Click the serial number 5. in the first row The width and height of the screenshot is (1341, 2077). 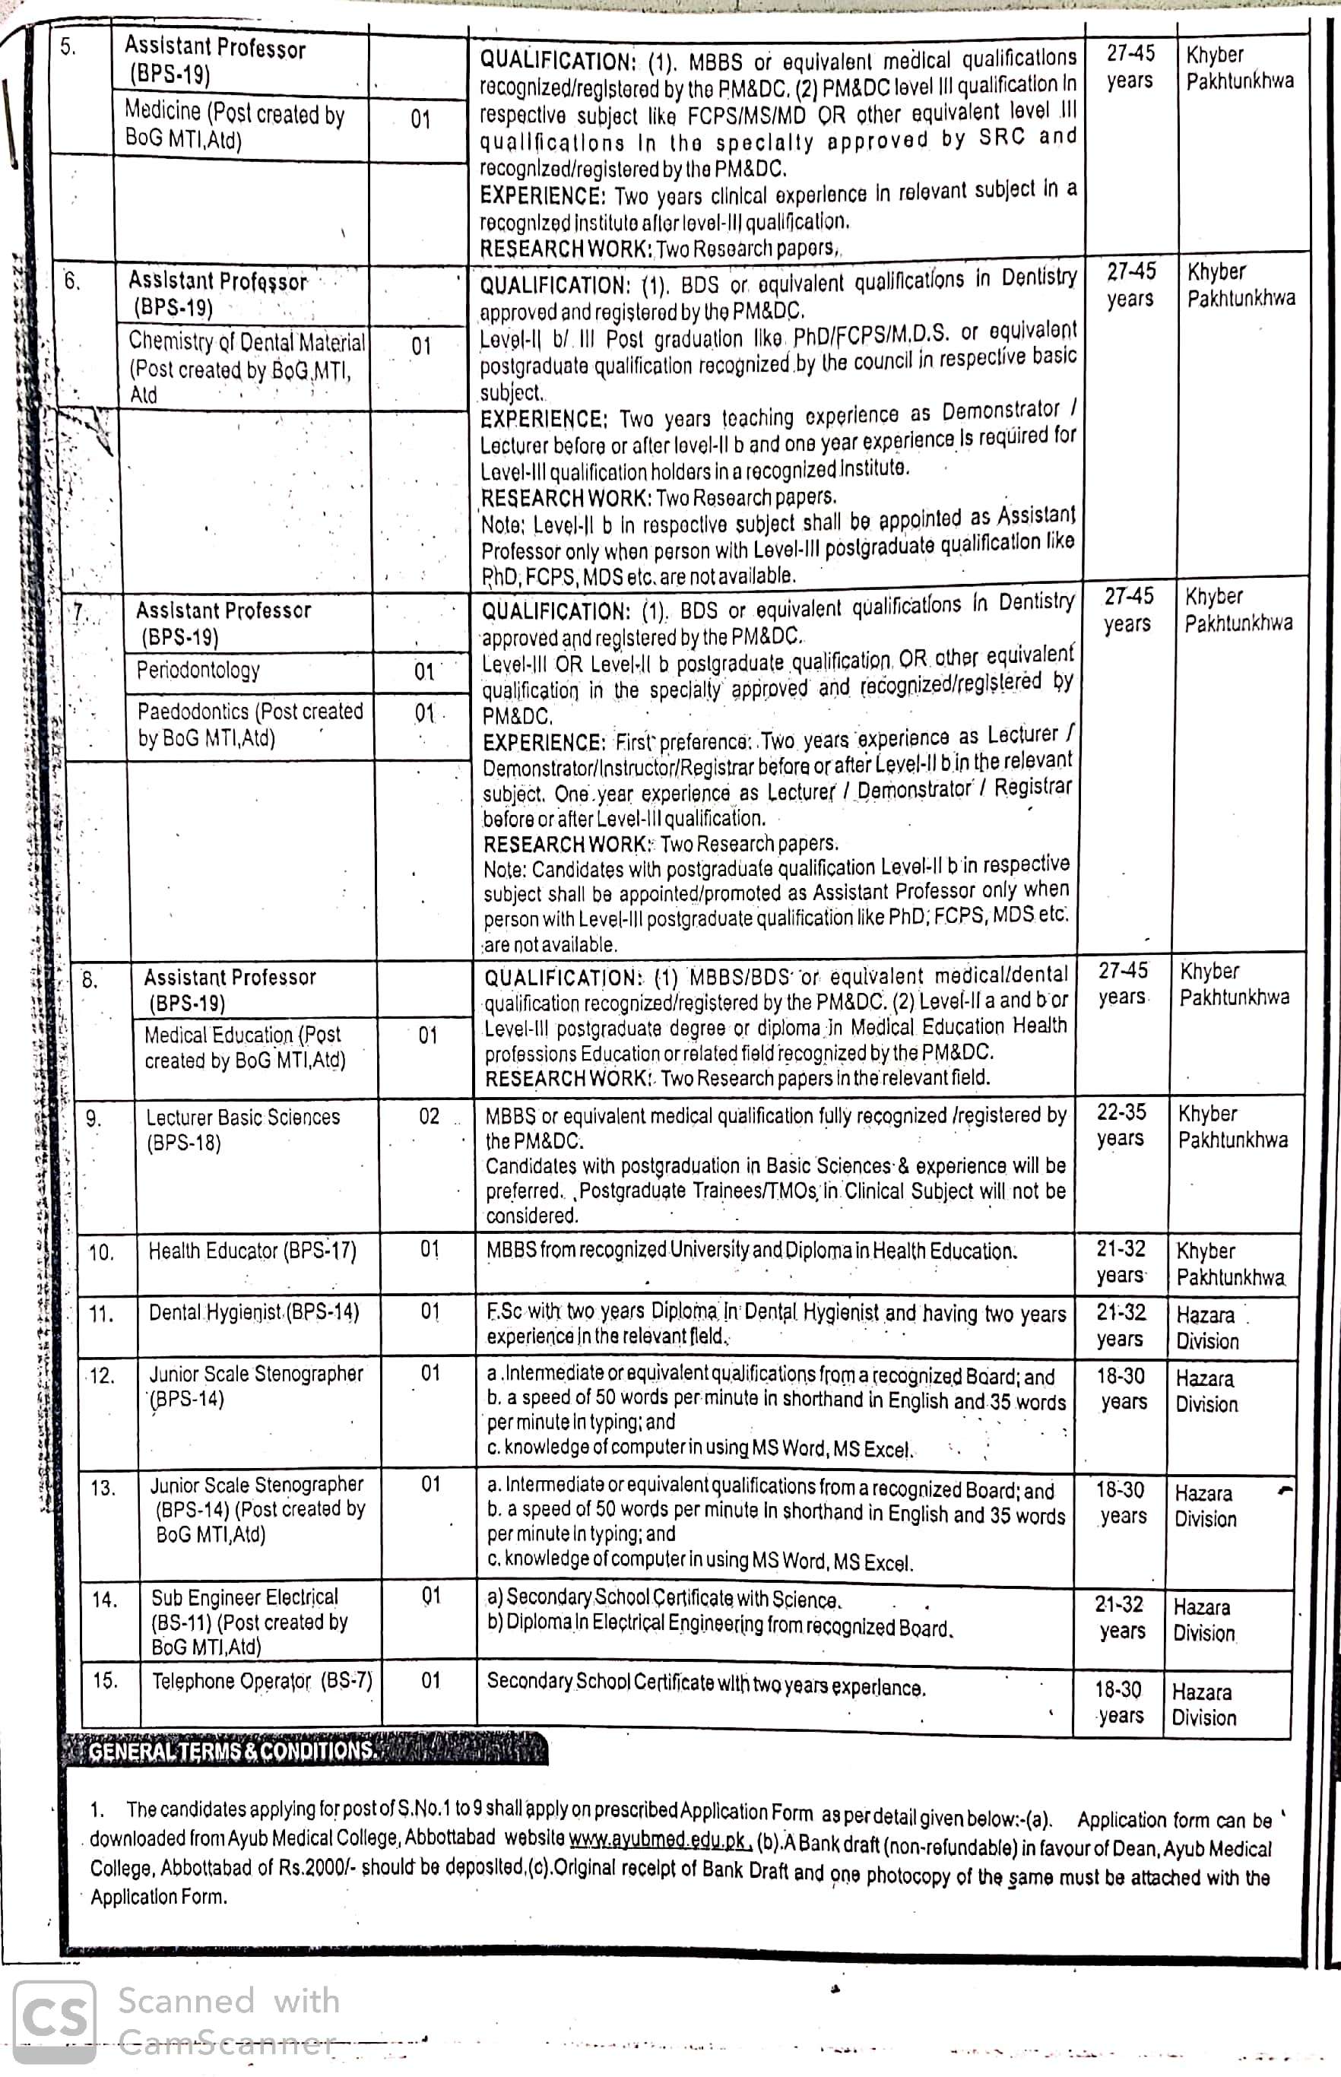click(x=68, y=47)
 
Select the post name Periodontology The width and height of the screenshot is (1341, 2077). click(x=198, y=670)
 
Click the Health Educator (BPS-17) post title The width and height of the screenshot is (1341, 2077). click(x=252, y=1251)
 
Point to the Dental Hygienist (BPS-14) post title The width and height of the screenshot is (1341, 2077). click(x=253, y=1311)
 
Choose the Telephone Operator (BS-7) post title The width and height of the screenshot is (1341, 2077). click(x=262, y=1681)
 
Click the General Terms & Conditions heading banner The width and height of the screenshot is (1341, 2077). click(x=306, y=1750)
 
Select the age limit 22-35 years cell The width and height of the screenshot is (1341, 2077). click(x=1121, y=1125)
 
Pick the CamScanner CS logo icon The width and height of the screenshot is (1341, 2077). click(x=54, y=2022)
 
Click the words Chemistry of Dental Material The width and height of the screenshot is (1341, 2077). click(x=247, y=341)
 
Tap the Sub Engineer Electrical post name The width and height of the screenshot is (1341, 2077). click(x=245, y=1597)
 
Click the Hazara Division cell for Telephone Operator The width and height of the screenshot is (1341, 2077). click(x=1203, y=1704)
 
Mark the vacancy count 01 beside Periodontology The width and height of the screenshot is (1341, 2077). click(x=424, y=671)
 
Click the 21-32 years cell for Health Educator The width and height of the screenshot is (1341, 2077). click(x=1121, y=1262)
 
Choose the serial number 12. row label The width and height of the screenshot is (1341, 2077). click(x=102, y=1376)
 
